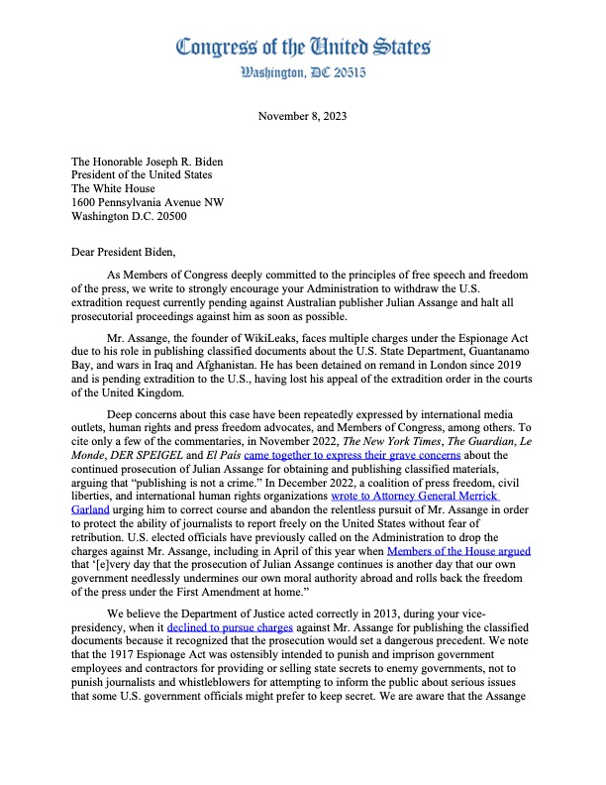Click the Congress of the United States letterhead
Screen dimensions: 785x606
point(302,46)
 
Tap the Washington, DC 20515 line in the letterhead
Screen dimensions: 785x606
point(302,72)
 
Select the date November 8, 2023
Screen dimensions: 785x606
point(303,116)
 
